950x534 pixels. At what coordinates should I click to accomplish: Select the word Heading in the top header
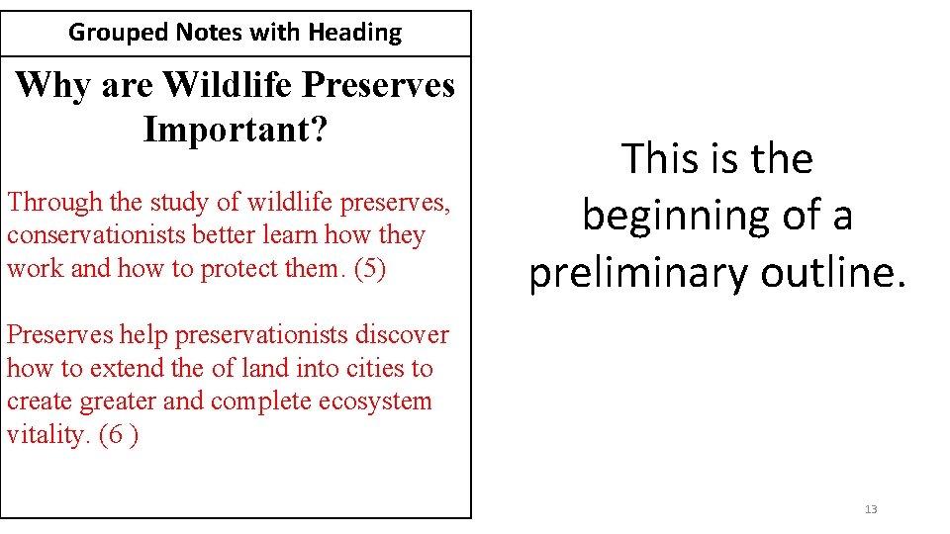[x=354, y=33]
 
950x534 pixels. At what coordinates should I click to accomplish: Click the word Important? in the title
[x=235, y=130]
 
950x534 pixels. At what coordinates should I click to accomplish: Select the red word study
[x=177, y=203]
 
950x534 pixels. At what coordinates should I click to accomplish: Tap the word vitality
[x=47, y=435]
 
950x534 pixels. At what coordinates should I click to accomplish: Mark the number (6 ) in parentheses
[x=119, y=435]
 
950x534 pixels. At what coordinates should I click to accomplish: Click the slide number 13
[x=871, y=509]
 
